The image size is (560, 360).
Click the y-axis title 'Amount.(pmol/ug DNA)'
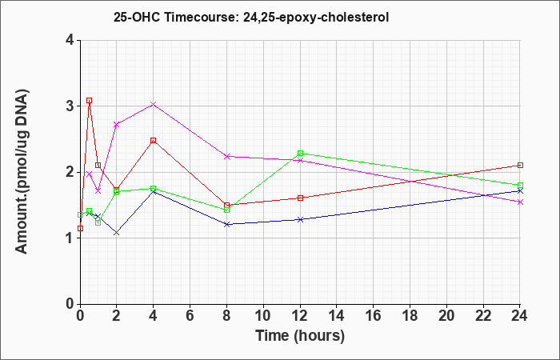pyautogui.click(x=22, y=172)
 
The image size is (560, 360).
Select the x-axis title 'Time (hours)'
pyautogui.click(x=300, y=336)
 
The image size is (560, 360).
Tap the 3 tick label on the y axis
pyautogui.click(x=70, y=106)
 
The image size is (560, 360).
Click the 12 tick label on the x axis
pyautogui.click(x=300, y=315)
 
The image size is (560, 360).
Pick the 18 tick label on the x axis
pyautogui.click(x=410, y=315)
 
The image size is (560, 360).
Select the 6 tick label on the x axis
pyautogui.click(x=190, y=315)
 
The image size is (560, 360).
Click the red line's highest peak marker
pyautogui.click(x=90, y=101)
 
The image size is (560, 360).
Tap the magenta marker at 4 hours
pyautogui.click(x=154, y=104)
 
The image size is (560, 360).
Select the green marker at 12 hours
pyautogui.click(x=300, y=154)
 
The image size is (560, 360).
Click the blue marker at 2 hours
pyautogui.click(x=117, y=233)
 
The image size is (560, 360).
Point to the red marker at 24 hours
pyautogui.click(x=520, y=165)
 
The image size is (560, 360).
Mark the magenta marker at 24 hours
pyautogui.click(x=520, y=202)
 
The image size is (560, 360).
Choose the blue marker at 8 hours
pyautogui.click(x=226, y=224)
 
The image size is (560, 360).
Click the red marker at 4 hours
pyautogui.click(x=154, y=140)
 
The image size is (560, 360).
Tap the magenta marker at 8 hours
pyautogui.click(x=226, y=157)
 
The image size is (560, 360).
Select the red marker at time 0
pyautogui.click(x=80, y=228)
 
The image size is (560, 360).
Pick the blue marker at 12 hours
pyautogui.click(x=300, y=219)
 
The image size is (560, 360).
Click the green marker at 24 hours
pyautogui.click(x=520, y=185)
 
